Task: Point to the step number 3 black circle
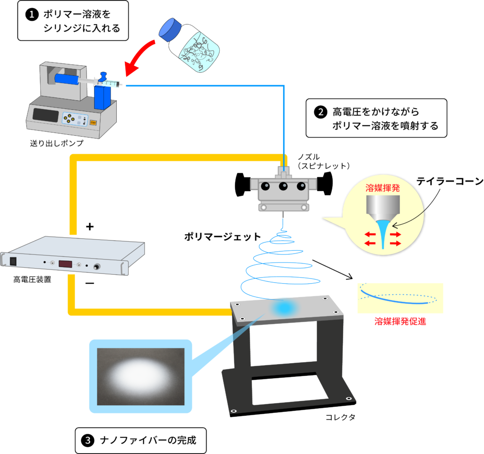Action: pyautogui.click(x=88, y=441)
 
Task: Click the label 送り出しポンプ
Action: pyautogui.click(x=56, y=143)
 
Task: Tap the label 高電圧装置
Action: pyautogui.click(x=32, y=279)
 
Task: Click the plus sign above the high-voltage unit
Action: pyautogui.click(x=90, y=227)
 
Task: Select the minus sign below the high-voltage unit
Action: pyautogui.click(x=90, y=284)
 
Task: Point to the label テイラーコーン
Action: pyautogui.click(x=449, y=181)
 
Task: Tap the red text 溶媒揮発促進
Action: pyautogui.click(x=400, y=322)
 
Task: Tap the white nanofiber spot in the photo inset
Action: pyautogui.click(x=140, y=374)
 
